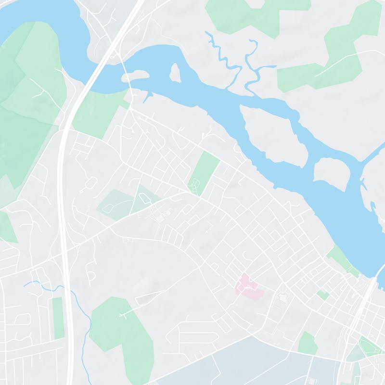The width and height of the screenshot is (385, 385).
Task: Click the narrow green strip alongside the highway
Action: [58, 318]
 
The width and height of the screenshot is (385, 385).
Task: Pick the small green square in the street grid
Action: [322, 295]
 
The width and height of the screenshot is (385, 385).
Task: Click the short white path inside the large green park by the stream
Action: [127, 313]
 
